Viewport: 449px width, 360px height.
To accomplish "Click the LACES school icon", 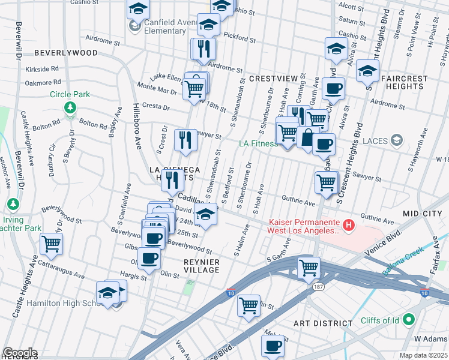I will point(396,141).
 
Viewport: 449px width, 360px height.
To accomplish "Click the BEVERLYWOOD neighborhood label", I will point(65,53).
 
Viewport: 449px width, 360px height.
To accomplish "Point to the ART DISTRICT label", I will point(323,323).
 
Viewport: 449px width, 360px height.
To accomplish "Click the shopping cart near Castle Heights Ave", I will point(52,244).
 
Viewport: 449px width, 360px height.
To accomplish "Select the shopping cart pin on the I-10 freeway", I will point(309,267).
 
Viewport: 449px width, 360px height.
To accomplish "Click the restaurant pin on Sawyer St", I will point(185,139).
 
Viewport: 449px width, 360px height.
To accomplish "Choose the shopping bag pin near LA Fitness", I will point(307,137).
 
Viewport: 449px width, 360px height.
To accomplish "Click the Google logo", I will point(19,353).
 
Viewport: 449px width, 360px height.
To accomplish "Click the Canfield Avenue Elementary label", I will point(164,27).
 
